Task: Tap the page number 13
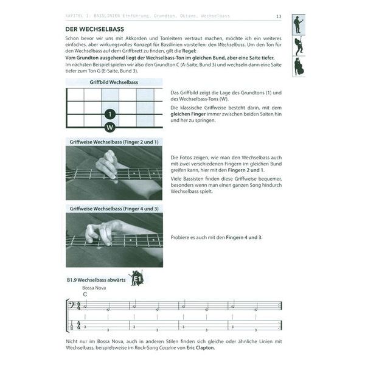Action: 278,16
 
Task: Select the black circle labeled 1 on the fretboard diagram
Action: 110,114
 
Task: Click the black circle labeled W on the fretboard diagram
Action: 110,127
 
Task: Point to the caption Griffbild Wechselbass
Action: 114,82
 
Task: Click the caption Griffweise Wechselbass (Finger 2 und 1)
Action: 114,141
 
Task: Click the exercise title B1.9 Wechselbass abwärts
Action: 96,280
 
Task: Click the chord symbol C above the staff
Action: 85,294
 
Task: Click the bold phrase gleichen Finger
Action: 191,114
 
